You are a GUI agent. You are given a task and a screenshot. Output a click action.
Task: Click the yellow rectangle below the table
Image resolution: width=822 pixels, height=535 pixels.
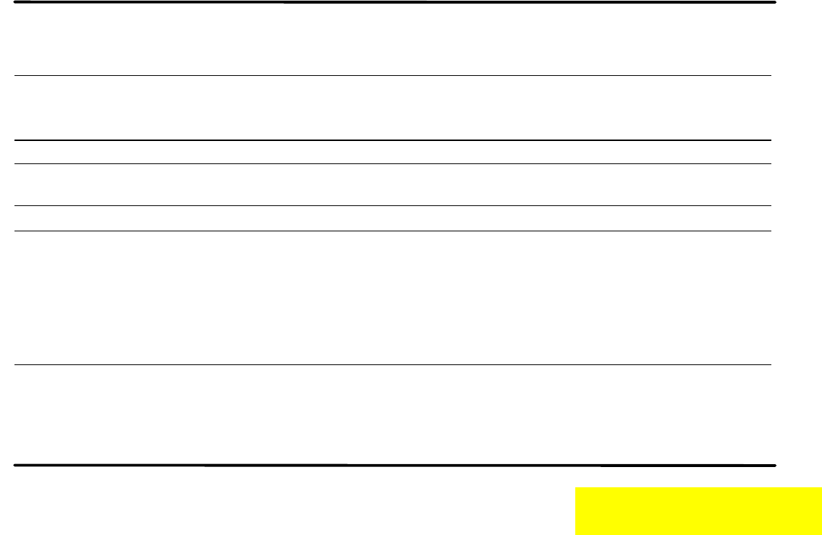pyautogui.click(x=698, y=510)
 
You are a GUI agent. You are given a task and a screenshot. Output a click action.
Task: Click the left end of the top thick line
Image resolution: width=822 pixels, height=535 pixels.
pyautogui.click(x=16, y=2)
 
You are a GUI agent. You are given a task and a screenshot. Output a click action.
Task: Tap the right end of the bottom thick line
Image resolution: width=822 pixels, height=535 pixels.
pyautogui.click(x=774, y=465)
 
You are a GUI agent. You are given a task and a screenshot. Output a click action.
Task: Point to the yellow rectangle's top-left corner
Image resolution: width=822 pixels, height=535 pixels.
pyautogui.click(x=576, y=488)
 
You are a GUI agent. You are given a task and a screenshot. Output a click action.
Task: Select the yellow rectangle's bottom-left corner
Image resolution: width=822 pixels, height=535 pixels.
pyautogui.click(x=576, y=534)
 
